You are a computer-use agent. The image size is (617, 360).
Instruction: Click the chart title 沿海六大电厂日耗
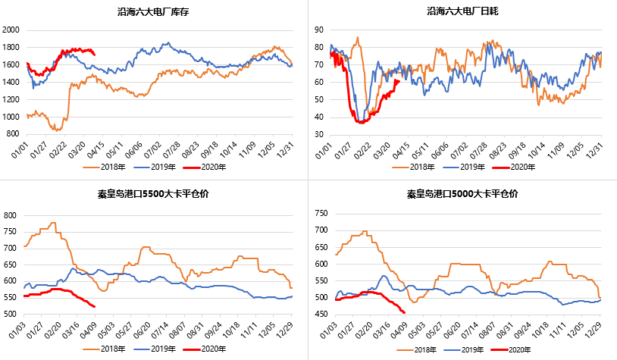click(x=462, y=11)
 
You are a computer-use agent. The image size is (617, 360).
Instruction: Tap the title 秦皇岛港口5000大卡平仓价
click(x=462, y=193)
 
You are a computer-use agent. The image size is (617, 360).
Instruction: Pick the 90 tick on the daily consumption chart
click(x=320, y=30)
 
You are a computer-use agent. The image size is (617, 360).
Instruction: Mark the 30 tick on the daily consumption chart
click(x=320, y=134)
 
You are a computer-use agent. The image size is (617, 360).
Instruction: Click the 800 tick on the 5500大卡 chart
click(x=11, y=215)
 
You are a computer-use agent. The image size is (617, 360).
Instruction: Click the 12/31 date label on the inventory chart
click(x=288, y=147)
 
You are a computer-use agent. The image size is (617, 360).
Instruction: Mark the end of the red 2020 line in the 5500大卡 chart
click(x=94, y=306)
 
